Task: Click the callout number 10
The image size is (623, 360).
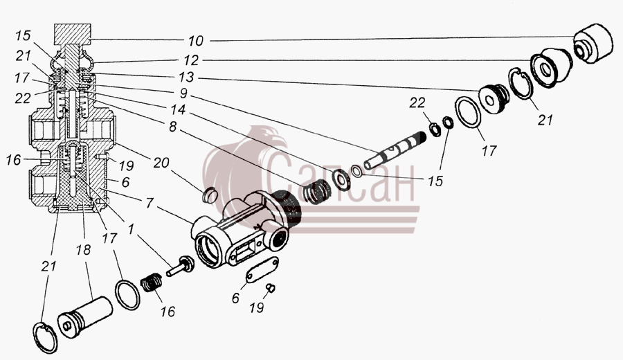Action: click(x=195, y=41)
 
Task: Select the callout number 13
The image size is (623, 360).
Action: click(x=186, y=77)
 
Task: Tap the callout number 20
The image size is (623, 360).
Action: click(x=161, y=163)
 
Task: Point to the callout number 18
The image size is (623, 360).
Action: click(x=84, y=250)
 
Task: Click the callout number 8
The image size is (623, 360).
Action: click(x=172, y=127)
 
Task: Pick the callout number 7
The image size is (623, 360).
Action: click(x=150, y=203)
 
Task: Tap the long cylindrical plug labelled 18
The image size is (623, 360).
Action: click(x=85, y=316)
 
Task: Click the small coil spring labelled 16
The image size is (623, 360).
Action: click(x=152, y=282)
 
